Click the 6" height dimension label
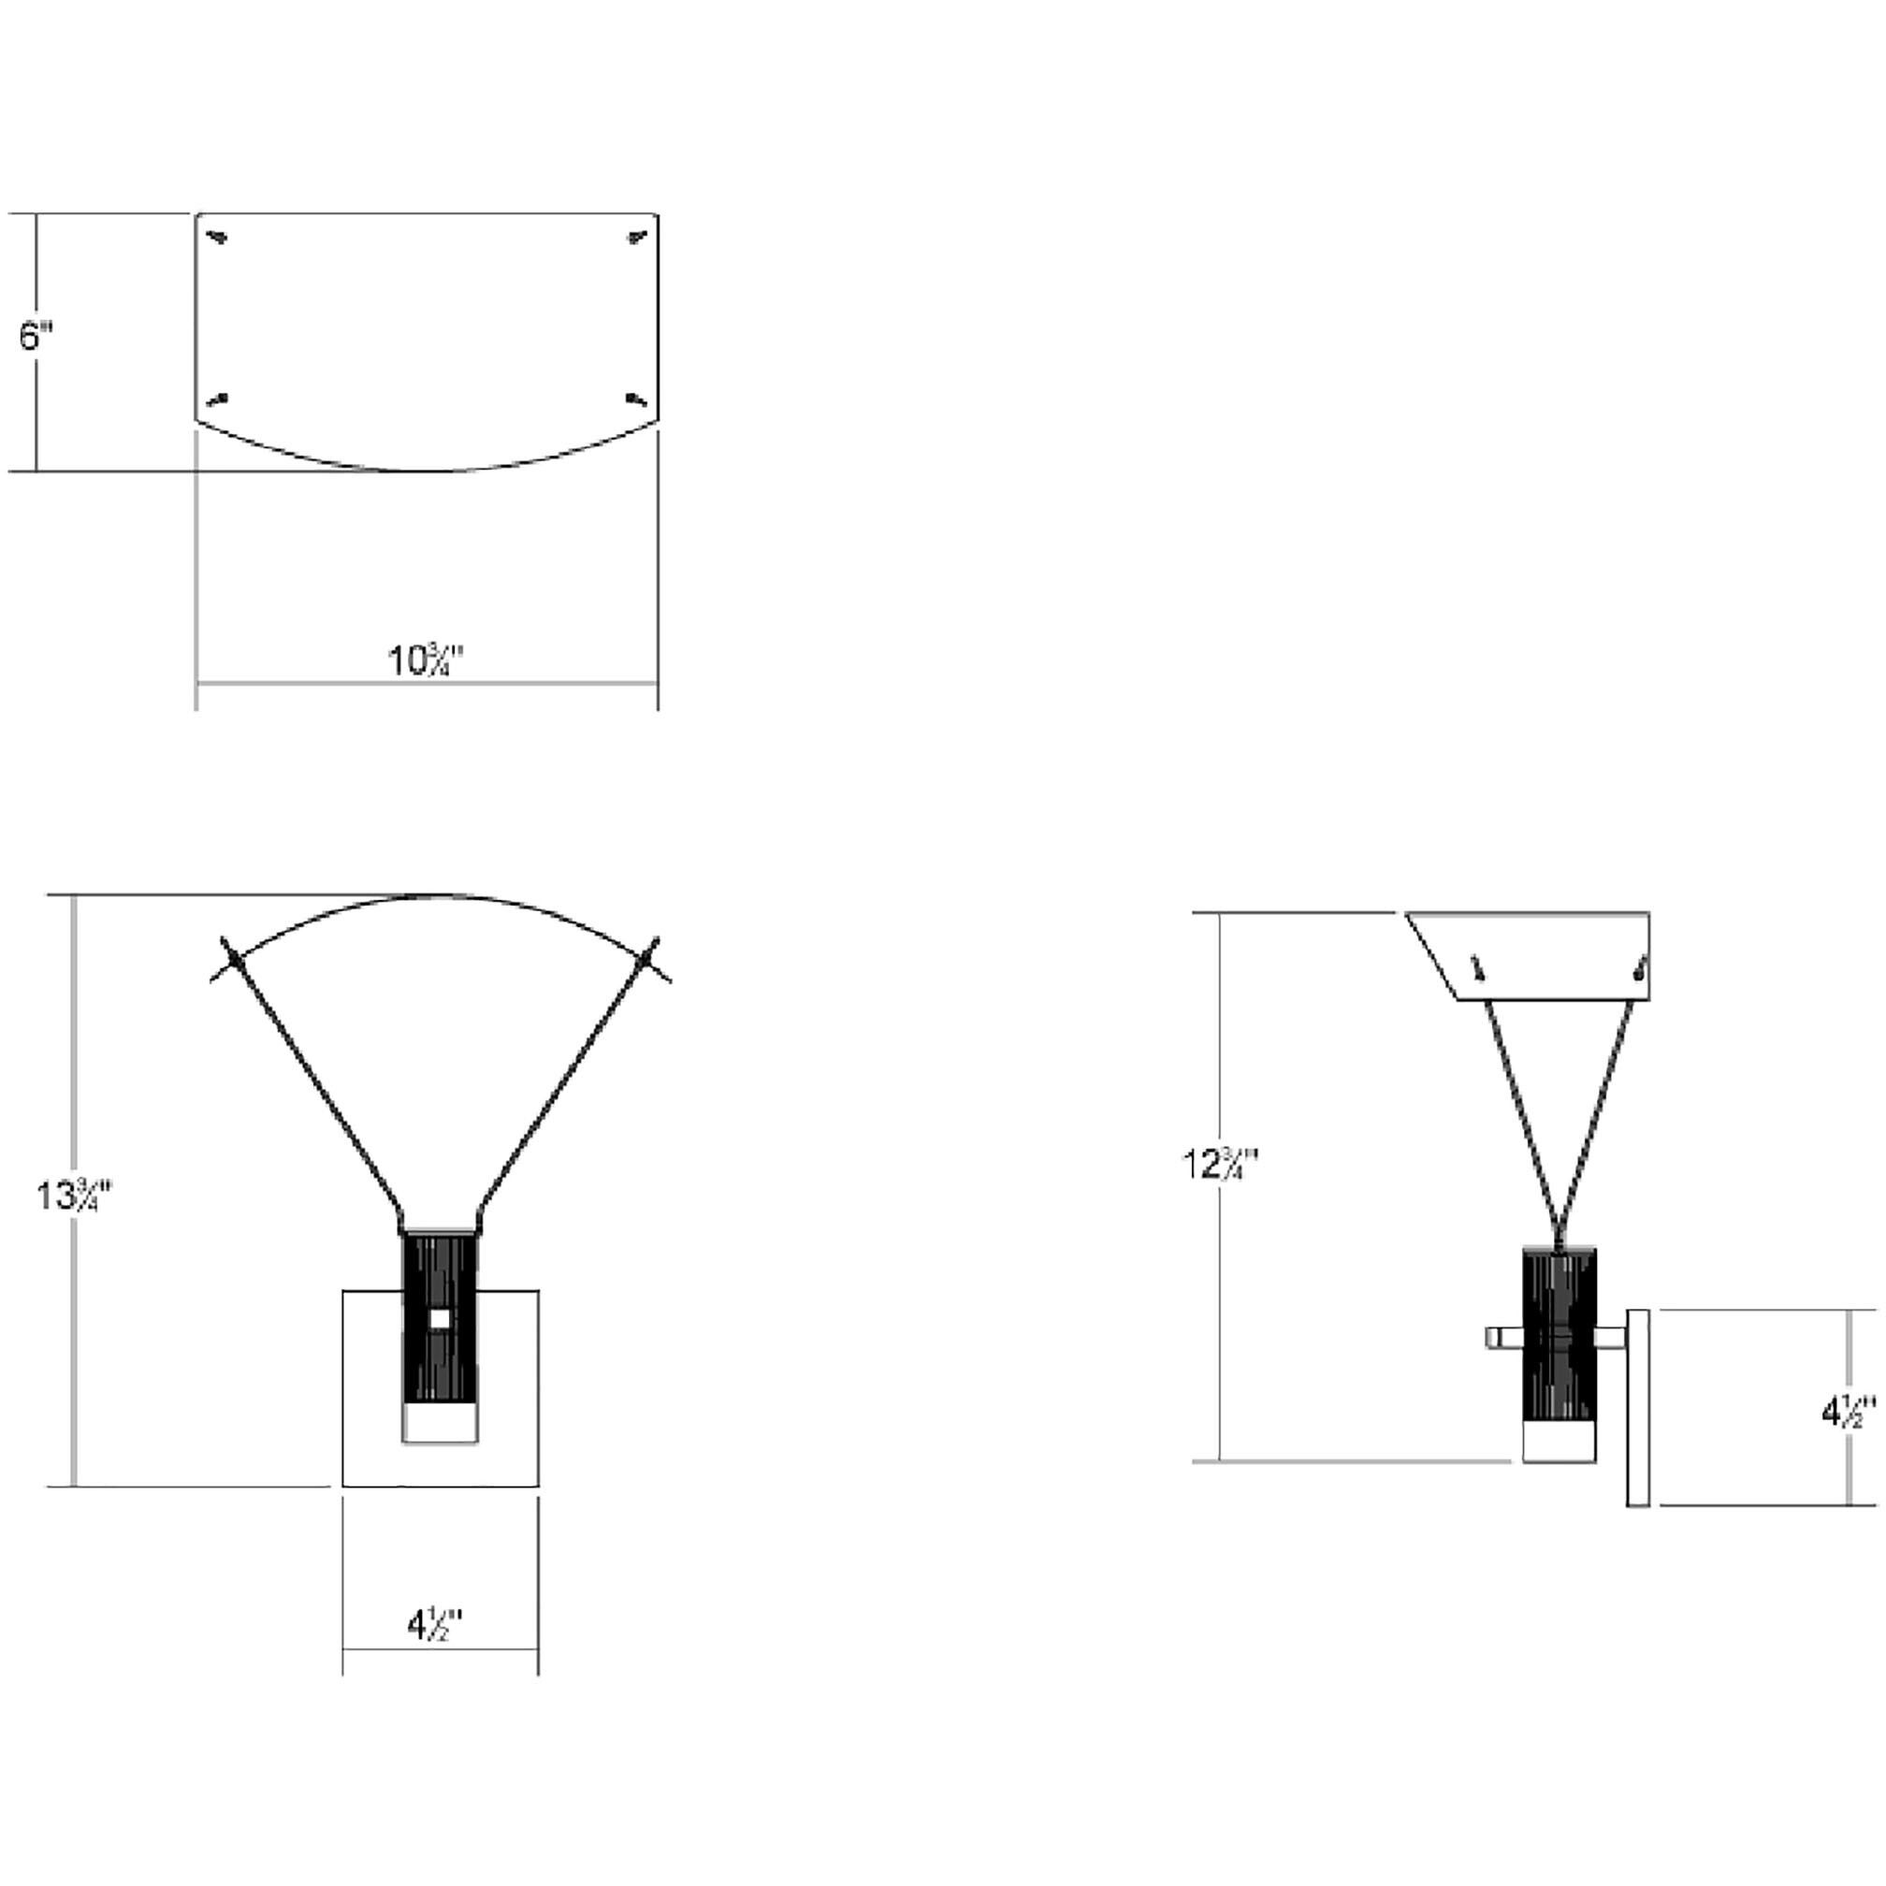coord(36,338)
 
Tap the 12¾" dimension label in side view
coord(1220,1164)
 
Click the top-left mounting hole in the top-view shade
coord(219,237)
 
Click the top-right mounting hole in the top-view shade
coord(636,237)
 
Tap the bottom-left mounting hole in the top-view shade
coord(219,399)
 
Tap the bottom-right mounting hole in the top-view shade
coord(636,399)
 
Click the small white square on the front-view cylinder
coord(440,1319)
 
